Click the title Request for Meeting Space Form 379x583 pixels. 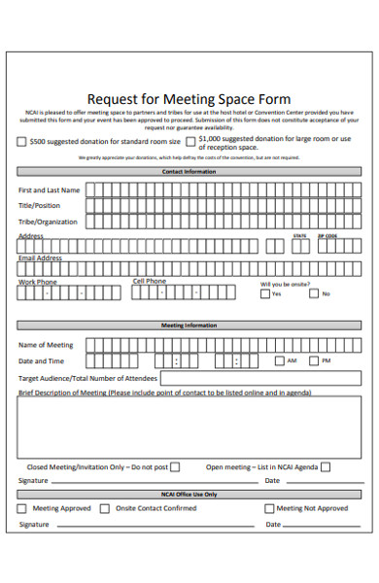tap(189, 99)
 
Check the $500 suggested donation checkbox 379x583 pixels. tap(22, 142)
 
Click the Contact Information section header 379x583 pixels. tap(189, 171)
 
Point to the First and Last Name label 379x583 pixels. tap(50, 190)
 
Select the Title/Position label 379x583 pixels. tap(40, 206)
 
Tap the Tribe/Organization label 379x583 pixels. tap(48, 222)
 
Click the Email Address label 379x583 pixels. tap(40, 258)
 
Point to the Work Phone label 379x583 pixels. tap(38, 282)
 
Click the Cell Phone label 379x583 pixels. tap(150, 282)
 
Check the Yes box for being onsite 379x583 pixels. tap(265, 293)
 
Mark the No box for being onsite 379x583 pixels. tap(315, 293)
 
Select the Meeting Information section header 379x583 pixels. tap(189, 326)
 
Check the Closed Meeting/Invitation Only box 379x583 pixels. tap(175, 466)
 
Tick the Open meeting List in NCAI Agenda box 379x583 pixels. tap(326, 466)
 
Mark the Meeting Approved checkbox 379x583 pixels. tap(23, 508)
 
